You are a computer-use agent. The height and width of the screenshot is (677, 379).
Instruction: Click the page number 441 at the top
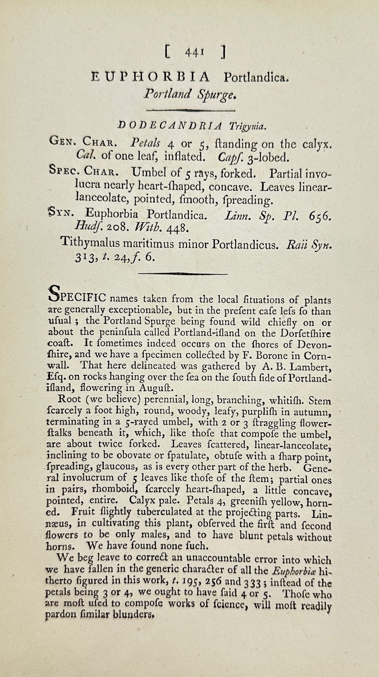195,53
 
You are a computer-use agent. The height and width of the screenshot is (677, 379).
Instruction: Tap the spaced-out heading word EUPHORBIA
150,77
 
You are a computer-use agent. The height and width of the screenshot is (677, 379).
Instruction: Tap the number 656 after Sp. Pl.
320,216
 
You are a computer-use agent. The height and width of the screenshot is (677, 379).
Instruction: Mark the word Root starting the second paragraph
69,400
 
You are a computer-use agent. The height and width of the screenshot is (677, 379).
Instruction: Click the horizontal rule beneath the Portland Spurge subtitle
191,110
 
